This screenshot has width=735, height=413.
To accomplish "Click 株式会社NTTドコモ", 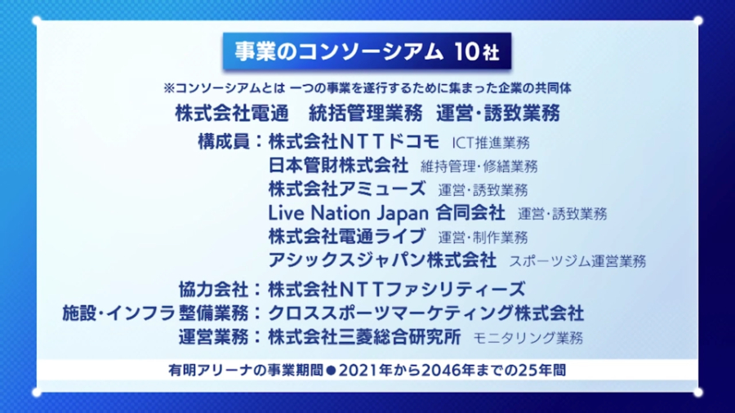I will click(x=354, y=141).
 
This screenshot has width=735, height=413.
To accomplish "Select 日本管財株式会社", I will click(x=338, y=165).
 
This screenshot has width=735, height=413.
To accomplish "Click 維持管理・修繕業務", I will click(x=479, y=167).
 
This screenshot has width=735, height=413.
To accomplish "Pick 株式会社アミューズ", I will click(x=346, y=189).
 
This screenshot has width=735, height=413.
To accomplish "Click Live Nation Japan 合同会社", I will click(x=386, y=213).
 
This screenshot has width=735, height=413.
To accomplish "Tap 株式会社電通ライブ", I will click(x=346, y=237).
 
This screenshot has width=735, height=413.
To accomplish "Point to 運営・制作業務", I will click(x=483, y=238).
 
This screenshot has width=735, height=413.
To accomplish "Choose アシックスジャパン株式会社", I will click(x=381, y=260).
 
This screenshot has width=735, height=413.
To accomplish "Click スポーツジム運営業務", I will click(x=577, y=262).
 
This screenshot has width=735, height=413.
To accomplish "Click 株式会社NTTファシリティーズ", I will click(x=396, y=289).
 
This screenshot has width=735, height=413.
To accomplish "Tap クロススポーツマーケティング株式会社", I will click(x=425, y=313).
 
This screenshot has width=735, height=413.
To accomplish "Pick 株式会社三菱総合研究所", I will click(x=364, y=336).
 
